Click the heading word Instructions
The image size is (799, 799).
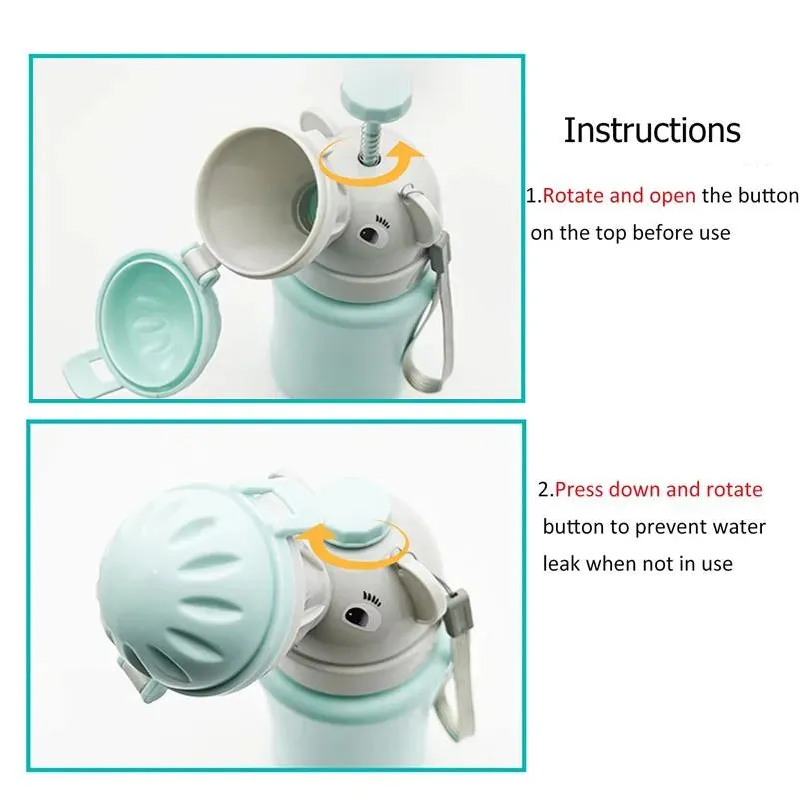pos(652,131)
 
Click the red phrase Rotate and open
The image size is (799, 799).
pos(619,195)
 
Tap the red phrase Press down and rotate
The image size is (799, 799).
pos(658,489)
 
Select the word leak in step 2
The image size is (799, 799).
pos(561,563)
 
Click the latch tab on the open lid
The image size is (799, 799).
pos(88,370)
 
